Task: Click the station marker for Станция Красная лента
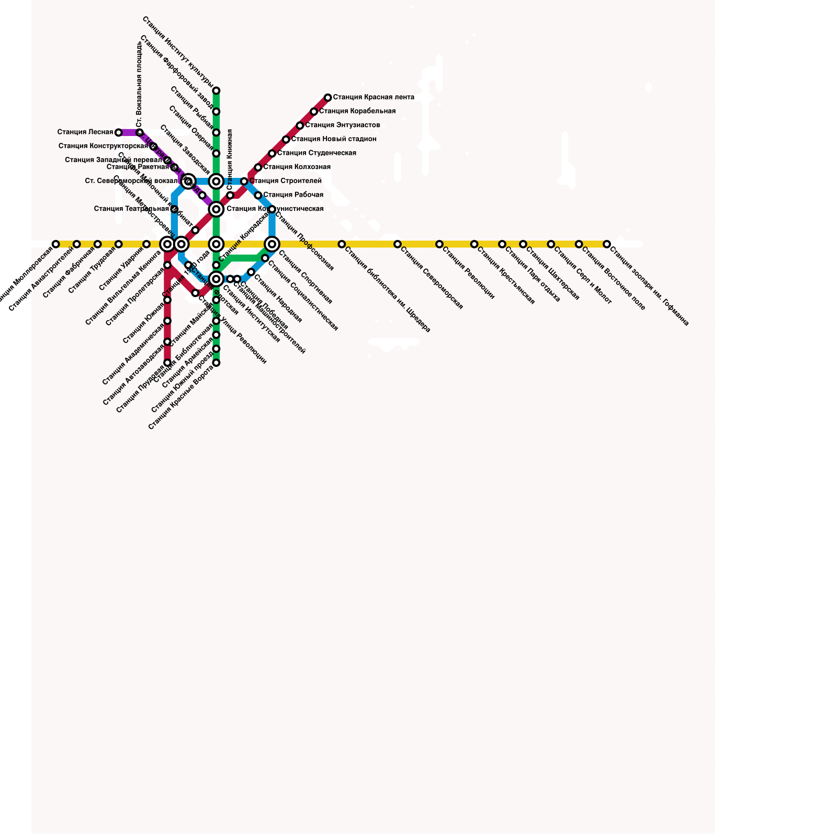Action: (328, 98)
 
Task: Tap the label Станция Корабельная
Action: (357, 111)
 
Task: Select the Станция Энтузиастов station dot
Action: (300, 126)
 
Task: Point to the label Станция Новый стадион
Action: (334, 139)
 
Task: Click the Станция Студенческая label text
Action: (316, 153)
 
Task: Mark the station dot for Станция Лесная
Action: (119, 132)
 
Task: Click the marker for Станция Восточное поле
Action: (579, 244)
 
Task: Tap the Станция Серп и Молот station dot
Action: (551, 244)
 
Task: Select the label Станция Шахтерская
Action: (552, 274)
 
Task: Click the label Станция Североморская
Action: (432, 278)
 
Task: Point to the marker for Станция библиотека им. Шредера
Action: (342, 244)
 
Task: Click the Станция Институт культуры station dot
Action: (216, 91)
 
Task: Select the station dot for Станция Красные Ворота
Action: (216, 363)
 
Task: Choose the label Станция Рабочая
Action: (293, 195)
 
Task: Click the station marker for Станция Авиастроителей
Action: (77, 244)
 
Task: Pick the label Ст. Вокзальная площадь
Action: (139, 84)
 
